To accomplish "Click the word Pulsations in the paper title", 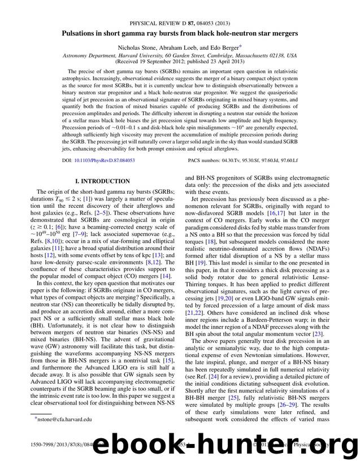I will (80, 33).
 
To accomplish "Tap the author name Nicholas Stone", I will (134, 49).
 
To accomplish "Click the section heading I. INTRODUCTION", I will (98, 181).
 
